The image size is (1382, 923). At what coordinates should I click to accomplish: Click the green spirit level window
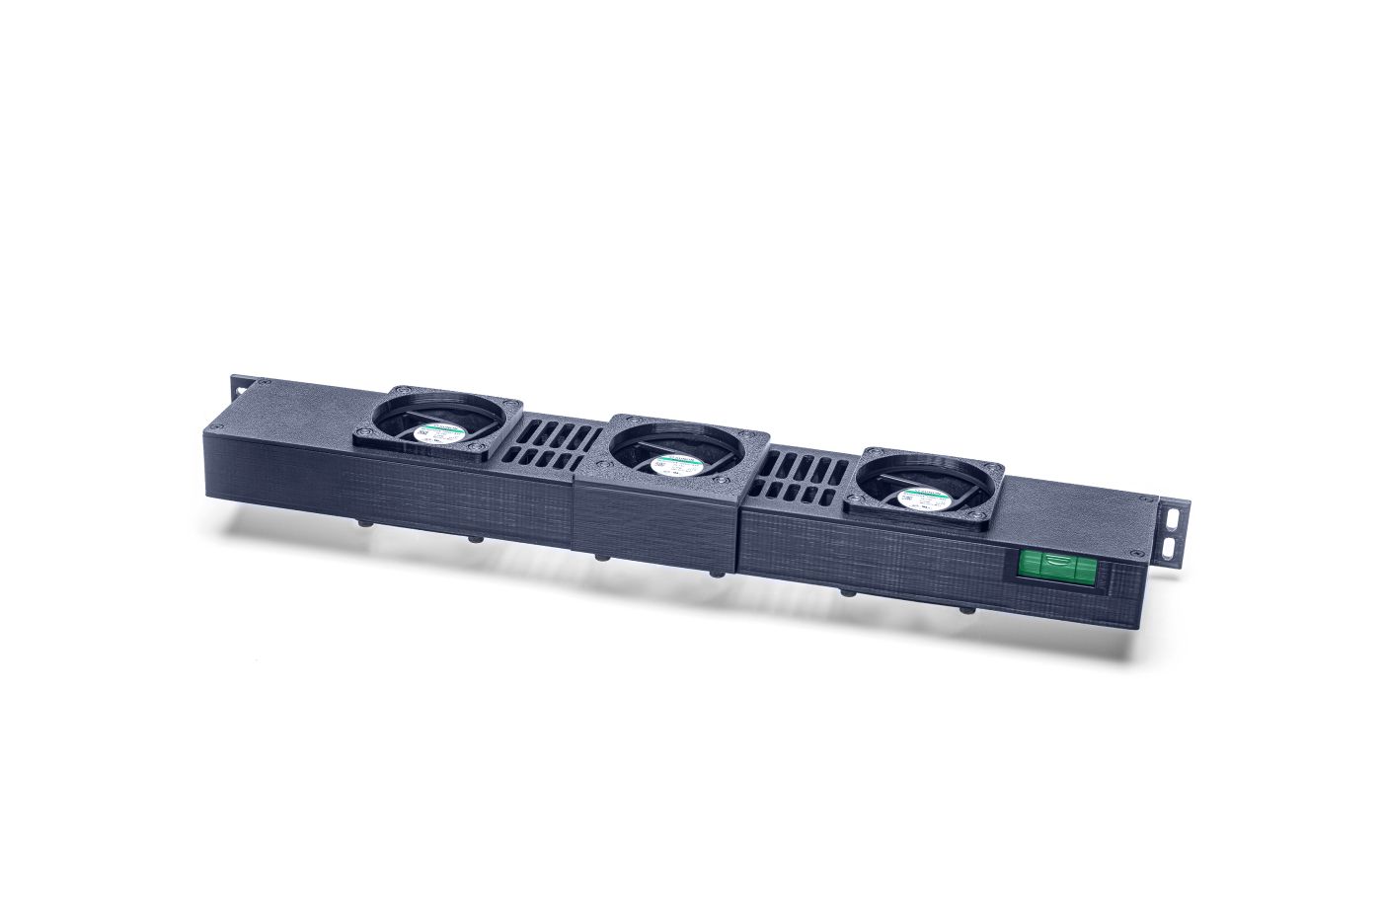coord(1054,567)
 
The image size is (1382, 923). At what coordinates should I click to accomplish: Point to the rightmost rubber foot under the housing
coord(967,610)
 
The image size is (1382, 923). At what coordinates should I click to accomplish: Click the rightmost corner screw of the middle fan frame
coord(756,437)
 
